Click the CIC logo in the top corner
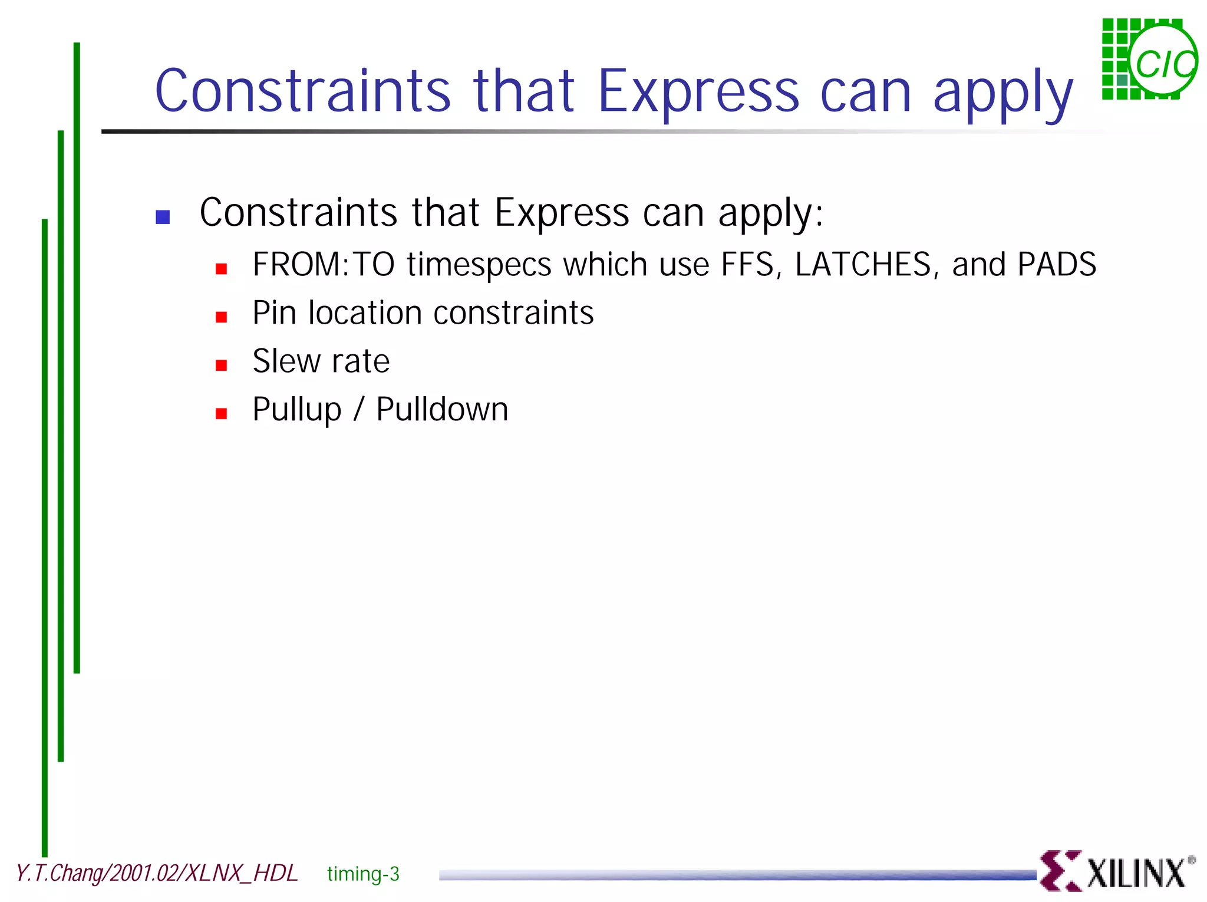(x=1149, y=59)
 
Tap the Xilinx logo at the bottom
(x=1117, y=871)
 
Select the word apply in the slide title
(x=1003, y=94)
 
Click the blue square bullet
(x=163, y=217)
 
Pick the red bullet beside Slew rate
(x=222, y=366)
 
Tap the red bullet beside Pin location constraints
(x=222, y=317)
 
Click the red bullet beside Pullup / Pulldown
(x=222, y=414)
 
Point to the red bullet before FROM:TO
(x=222, y=269)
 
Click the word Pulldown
(x=442, y=410)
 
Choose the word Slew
(x=285, y=361)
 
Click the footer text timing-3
(x=363, y=874)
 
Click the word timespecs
(x=479, y=265)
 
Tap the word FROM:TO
(x=323, y=265)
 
